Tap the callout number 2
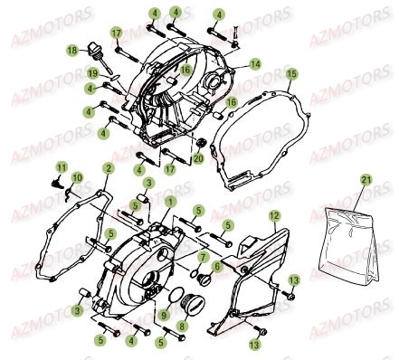108,168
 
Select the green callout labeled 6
218,267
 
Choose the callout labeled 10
76,177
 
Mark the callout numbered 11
62,167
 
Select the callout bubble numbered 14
255,63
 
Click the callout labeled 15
290,72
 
